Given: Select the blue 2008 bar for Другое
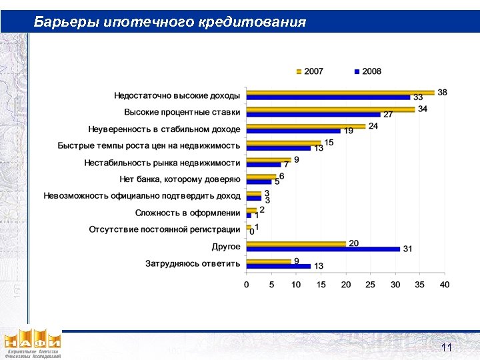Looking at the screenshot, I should point(323,249).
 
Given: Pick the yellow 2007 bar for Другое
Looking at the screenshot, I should point(296,243).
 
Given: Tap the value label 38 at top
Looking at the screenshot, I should point(442,92).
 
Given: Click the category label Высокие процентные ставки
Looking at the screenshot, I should point(182,112).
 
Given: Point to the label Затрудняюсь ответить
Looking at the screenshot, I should point(193,263).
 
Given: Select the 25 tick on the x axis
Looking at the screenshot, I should point(371,285).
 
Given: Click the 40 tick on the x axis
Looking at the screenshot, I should point(445,285).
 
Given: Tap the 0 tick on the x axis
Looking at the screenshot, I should point(247,285).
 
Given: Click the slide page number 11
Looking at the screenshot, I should point(447,348).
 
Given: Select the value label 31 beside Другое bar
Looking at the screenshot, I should point(407,249).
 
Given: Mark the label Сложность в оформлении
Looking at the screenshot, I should point(187,213).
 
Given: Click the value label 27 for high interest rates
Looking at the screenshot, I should point(388,115).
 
